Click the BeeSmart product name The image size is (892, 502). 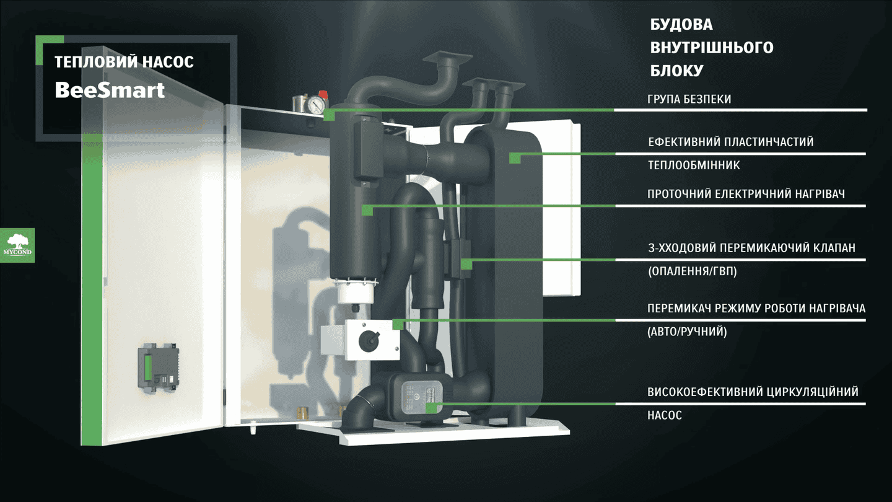pos(110,90)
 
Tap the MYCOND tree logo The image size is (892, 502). pos(17,245)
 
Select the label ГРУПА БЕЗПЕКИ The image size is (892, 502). pos(689,99)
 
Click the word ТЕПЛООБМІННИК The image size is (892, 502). pos(694,165)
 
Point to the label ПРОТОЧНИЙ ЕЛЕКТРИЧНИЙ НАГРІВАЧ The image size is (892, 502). pos(746,194)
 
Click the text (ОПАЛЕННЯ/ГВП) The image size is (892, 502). pos(693,271)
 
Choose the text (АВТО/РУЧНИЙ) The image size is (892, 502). pos(687,332)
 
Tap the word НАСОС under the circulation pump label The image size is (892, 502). pos(665,415)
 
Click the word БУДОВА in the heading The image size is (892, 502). pos(681,24)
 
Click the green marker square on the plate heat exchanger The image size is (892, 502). pos(515,158)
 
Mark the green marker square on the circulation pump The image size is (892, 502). pos(431,408)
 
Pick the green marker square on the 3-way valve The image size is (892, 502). pos(466,264)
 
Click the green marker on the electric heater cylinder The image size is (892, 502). pos(367,210)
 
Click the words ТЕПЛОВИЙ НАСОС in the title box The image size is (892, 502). pos(124,62)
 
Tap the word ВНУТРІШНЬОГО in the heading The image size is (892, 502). pos(712,47)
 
